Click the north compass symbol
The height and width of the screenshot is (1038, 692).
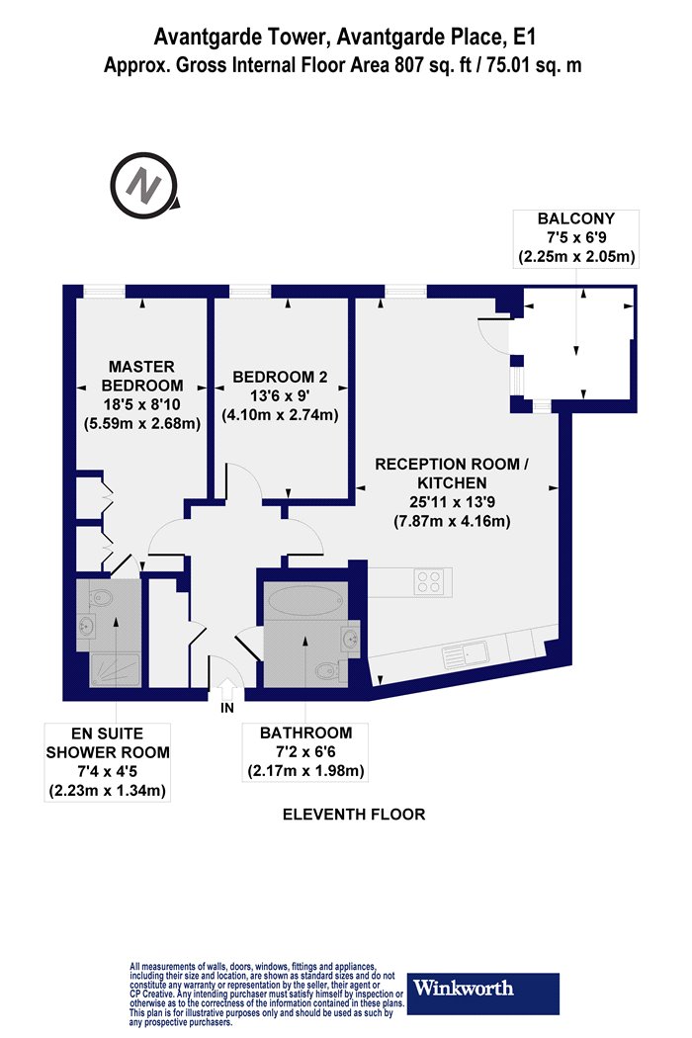point(143,186)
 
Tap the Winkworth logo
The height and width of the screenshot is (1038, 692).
point(482,993)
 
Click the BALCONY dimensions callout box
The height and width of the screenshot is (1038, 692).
point(576,238)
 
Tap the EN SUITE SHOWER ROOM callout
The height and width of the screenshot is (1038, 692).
point(108,762)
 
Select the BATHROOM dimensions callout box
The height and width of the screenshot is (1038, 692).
point(305,752)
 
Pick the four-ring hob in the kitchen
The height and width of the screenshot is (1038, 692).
point(428,582)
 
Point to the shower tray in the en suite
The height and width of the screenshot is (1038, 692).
point(115,670)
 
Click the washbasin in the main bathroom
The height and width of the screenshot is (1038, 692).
point(350,640)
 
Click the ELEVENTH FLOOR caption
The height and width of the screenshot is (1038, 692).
point(354,815)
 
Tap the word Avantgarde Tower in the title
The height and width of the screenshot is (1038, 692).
point(241,38)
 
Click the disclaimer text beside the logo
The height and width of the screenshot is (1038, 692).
point(266,995)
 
